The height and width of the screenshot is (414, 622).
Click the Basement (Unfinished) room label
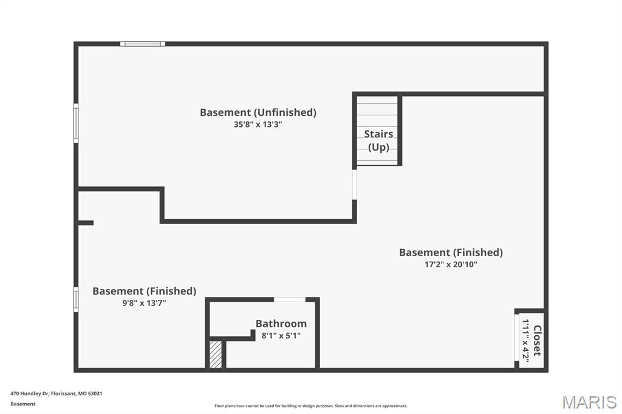[258, 112]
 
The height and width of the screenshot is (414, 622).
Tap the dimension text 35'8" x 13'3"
[258, 124]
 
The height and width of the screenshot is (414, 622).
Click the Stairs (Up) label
[378, 140]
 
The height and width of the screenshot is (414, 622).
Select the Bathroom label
[281, 324]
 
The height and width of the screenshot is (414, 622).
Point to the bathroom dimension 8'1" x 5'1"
[281, 336]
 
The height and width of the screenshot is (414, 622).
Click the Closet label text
[537, 341]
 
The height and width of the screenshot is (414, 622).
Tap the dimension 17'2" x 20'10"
[451, 265]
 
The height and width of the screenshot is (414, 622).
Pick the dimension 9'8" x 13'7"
[144, 303]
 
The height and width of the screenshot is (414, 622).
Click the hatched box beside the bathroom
[216, 354]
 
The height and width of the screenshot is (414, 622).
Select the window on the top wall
[143, 44]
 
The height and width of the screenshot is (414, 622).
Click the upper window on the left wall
[76, 123]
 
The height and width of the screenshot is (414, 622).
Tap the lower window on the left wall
[76, 299]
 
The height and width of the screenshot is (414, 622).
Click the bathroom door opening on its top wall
[290, 299]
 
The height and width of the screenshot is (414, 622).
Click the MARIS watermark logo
[589, 402]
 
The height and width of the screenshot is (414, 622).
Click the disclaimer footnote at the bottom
[310, 406]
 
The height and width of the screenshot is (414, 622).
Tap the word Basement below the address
[23, 404]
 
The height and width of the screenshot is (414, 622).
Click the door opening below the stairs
[355, 183]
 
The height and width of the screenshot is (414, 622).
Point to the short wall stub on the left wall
[85, 223]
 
